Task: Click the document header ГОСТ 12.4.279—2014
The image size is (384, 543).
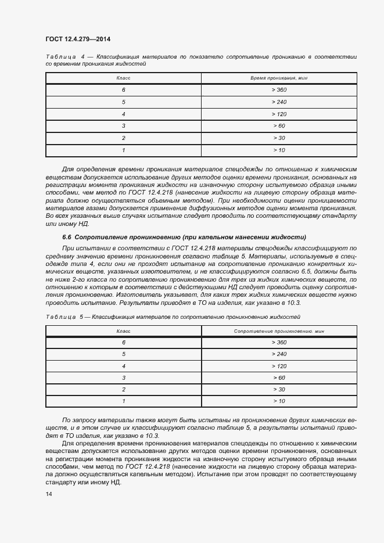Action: click(77, 39)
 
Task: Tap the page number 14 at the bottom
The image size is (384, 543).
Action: click(49, 494)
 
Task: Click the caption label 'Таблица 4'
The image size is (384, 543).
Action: click(65, 57)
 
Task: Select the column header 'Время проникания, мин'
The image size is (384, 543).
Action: click(278, 78)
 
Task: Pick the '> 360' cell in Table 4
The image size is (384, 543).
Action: click(279, 90)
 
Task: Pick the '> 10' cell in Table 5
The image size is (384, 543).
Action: click(279, 401)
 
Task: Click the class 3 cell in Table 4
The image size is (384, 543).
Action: click(124, 126)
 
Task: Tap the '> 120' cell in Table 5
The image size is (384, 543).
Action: click(279, 366)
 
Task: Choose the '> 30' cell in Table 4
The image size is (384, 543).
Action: click(279, 138)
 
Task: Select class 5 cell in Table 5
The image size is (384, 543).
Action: click(124, 354)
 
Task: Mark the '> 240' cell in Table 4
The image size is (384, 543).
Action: click(279, 102)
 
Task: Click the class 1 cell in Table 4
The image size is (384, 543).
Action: click(124, 150)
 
